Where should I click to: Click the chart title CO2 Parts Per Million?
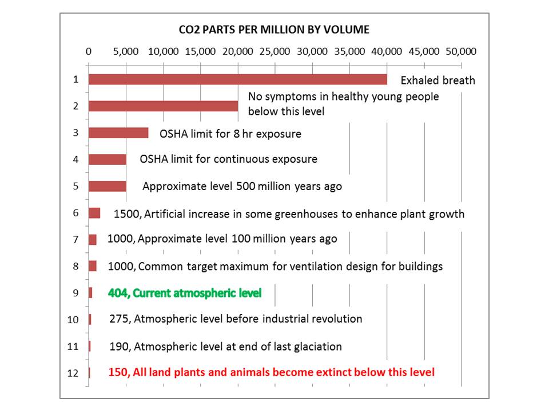tap(274, 29)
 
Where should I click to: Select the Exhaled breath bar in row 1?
tap(237, 79)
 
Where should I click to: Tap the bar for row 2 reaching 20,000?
tap(163, 106)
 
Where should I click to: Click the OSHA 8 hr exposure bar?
tap(118, 133)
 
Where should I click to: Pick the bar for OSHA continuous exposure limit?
tap(107, 159)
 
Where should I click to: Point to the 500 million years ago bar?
tap(107, 186)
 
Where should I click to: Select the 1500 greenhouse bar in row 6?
tap(94, 213)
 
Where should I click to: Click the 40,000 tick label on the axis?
tap(386, 51)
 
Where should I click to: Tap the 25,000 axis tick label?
tap(274, 51)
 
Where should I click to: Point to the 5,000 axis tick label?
tap(126, 51)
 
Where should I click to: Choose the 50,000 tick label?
tap(461, 51)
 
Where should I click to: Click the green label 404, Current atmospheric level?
tap(185, 293)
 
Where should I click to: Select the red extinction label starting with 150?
tap(272, 372)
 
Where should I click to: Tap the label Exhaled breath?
tap(437, 80)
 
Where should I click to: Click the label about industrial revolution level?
tap(236, 319)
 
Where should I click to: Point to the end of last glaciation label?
tap(225, 346)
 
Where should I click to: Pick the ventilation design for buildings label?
tap(276, 266)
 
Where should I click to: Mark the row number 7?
tap(75, 240)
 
